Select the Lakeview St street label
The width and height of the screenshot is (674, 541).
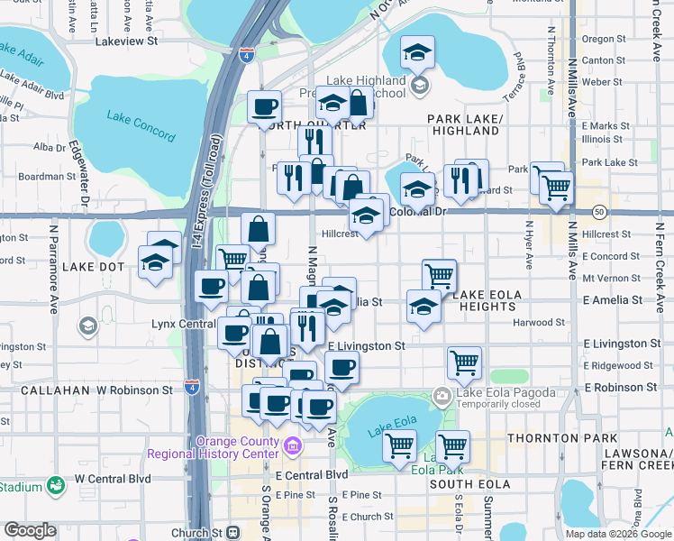pyautogui.click(x=126, y=41)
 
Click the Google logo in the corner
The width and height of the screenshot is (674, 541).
pyautogui.click(x=30, y=530)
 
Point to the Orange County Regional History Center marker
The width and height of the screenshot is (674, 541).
pyautogui.click(x=292, y=446)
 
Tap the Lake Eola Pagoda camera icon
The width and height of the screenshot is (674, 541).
pyautogui.click(x=442, y=394)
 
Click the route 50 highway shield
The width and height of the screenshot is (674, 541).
pyautogui.click(x=599, y=211)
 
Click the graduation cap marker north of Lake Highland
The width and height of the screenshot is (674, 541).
pyautogui.click(x=417, y=53)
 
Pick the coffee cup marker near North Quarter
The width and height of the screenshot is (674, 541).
pyautogui.click(x=264, y=107)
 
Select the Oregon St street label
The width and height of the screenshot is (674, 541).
pyautogui.click(x=597, y=39)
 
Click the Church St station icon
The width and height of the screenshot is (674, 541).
pyautogui.click(x=233, y=531)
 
